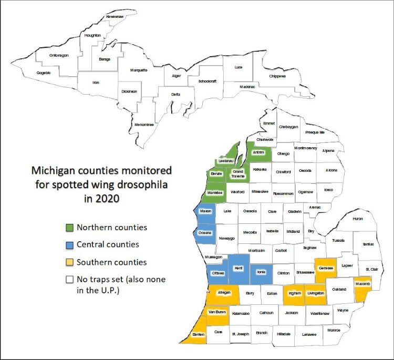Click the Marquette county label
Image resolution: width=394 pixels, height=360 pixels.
point(139,70)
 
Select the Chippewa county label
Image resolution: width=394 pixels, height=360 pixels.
point(278,76)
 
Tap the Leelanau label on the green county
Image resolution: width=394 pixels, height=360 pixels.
point(225,161)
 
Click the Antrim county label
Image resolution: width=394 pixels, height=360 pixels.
point(257,152)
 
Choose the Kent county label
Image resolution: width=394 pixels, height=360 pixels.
point(238,268)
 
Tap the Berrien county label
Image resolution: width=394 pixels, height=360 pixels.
point(198,334)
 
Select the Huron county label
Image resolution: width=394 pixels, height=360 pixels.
point(357,218)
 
